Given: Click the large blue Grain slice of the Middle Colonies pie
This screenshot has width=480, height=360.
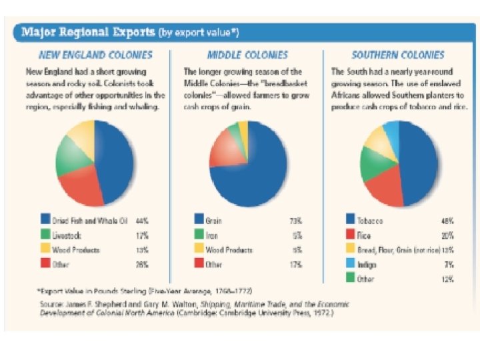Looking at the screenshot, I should point(257,167).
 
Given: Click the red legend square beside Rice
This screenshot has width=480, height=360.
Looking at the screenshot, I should point(350,235).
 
